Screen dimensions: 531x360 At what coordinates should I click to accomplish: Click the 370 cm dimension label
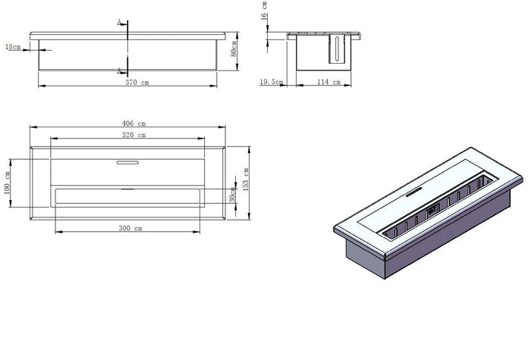tap(137, 82)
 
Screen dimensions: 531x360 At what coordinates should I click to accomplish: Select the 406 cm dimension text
tap(134, 124)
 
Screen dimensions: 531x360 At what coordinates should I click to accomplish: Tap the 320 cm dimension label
tap(134, 135)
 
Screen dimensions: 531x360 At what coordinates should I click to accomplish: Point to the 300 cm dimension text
tap(130, 228)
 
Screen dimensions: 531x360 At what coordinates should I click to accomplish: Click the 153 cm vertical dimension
tap(246, 180)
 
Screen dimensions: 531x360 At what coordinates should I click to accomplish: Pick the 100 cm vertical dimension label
tap(7, 183)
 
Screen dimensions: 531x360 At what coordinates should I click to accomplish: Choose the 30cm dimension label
tap(232, 195)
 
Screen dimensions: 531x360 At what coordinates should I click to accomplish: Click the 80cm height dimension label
tap(234, 49)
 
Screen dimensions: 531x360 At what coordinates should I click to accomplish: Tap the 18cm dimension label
tap(13, 47)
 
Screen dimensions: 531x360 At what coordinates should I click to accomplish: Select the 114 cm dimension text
tap(328, 82)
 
